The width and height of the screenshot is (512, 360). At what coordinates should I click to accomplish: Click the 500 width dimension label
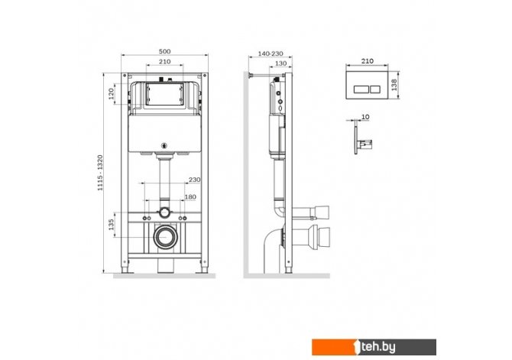tap(164, 51)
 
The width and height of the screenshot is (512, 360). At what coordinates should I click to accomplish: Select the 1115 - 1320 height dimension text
tap(100, 173)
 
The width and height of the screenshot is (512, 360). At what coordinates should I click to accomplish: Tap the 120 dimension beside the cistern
tap(112, 94)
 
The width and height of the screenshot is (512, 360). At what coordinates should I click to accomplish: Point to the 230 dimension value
tap(195, 180)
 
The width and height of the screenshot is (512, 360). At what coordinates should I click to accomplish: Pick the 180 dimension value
tap(190, 197)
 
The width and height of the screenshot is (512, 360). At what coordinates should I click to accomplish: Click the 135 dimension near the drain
tap(112, 225)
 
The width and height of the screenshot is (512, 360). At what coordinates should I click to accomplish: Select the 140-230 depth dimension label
tap(271, 54)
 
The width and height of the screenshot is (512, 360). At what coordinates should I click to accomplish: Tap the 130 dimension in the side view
tap(280, 63)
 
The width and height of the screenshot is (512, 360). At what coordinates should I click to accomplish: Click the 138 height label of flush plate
tap(394, 85)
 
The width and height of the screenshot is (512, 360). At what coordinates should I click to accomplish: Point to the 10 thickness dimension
tap(365, 117)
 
